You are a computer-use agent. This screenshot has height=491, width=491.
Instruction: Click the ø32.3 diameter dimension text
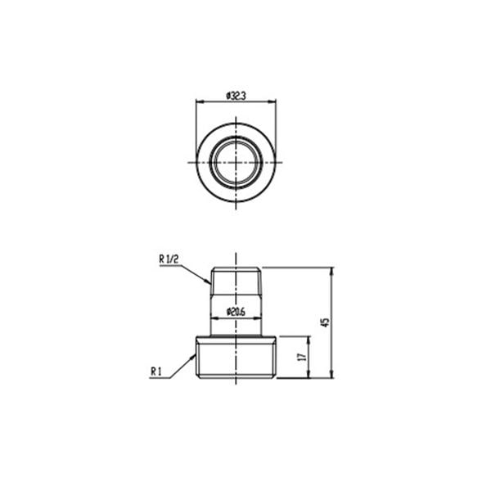236,96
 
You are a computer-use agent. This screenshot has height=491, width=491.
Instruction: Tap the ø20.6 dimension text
236,312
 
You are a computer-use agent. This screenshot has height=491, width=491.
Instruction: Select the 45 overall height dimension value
326,322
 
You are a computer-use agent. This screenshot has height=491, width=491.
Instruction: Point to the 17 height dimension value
302,357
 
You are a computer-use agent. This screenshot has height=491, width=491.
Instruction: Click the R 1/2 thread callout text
169,259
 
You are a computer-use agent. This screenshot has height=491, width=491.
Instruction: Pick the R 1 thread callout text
155,372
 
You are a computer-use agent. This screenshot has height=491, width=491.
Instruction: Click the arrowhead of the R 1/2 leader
208,282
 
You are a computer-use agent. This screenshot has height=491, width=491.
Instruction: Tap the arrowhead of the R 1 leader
192,358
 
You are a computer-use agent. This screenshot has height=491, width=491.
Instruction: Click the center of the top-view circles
236,162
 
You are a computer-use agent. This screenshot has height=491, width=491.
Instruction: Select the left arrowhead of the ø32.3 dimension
200,101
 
